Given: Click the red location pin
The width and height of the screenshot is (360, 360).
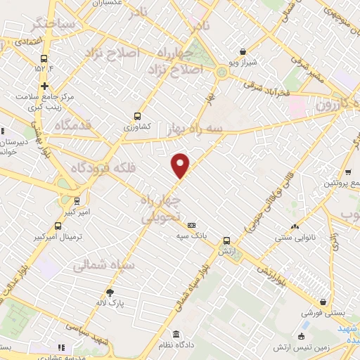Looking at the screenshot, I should [181, 166].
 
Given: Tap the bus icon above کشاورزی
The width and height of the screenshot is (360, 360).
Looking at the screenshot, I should [137, 117].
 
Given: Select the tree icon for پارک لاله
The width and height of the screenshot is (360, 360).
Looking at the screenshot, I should [110, 292].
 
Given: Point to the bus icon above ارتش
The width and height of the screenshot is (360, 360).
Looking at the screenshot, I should [226, 240].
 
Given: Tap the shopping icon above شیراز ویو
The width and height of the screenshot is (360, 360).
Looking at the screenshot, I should [243, 51].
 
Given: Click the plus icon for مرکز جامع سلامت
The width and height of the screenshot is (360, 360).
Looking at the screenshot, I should [44, 86].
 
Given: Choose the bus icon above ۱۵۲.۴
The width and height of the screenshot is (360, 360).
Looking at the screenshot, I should [44, 59].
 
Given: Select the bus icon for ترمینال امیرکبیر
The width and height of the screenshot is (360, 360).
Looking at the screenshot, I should [57, 226].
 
